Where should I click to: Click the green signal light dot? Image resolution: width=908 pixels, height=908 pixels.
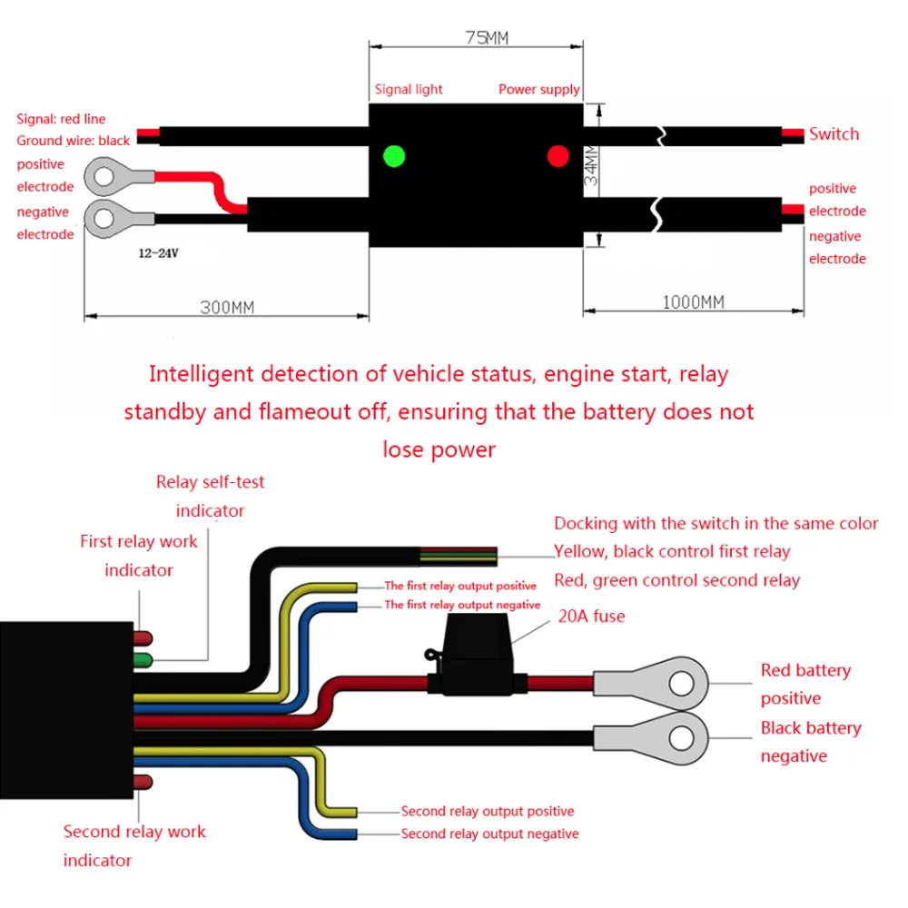[x=394, y=156]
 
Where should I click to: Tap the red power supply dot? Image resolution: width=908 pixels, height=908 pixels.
[x=558, y=156]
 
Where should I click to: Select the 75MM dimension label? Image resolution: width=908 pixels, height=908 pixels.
[x=487, y=37]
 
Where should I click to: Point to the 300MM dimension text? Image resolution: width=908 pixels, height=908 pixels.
[x=227, y=307]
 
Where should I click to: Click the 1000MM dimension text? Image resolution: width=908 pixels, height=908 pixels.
[x=693, y=302]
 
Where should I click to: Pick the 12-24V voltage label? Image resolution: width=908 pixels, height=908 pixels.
[x=158, y=253]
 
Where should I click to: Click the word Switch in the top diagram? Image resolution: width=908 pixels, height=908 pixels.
[x=834, y=133]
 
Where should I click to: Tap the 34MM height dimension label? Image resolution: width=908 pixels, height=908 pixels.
[x=591, y=165]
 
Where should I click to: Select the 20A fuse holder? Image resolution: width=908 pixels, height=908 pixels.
[x=476, y=655]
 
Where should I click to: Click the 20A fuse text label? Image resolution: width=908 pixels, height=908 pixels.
[x=591, y=616]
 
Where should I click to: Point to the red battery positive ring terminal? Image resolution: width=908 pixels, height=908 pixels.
[x=651, y=684]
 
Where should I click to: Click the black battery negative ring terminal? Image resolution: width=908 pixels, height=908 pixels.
[x=651, y=738]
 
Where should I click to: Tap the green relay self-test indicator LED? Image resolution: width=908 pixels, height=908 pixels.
[x=143, y=660]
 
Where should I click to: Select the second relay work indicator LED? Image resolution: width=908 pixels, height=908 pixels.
[x=143, y=783]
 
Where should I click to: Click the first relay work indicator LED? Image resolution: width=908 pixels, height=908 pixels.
[x=143, y=638]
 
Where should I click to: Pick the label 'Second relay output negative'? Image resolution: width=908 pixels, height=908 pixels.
[x=490, y=834]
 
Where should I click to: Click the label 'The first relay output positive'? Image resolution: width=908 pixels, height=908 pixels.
[x=460, y=586]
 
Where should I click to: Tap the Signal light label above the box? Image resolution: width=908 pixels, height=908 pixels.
[x=409, y=89]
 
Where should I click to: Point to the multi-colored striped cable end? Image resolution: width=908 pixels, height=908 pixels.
[x=459, y=556]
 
